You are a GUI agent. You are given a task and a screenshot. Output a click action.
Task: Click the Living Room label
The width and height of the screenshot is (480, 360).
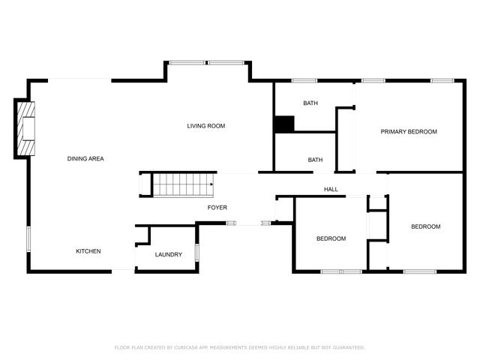tap(206, 126)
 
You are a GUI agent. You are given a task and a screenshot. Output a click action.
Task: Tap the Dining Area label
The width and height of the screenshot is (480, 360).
tap(85, 158)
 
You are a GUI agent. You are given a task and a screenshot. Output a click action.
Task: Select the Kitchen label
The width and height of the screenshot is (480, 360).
tap(88, 251)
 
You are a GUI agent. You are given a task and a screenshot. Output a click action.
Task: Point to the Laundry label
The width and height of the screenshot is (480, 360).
tap(169, 254)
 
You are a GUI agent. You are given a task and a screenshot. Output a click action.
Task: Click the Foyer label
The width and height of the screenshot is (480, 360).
tap(217, 207)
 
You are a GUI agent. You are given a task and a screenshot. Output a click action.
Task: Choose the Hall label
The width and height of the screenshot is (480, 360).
tap(331, 189)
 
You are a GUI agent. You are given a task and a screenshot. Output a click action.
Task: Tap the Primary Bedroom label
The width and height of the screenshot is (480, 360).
tap(409, 132)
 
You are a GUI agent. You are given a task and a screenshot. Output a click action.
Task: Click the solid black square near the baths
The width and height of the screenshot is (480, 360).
tap(283, 124)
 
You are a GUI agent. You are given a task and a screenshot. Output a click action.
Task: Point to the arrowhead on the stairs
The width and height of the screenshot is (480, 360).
tap(212, 184)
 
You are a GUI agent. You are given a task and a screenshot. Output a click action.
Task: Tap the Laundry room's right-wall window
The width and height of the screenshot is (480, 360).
tap(196, 252)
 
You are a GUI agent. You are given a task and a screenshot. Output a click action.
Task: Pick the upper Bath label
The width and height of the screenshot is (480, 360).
tap(311, 103)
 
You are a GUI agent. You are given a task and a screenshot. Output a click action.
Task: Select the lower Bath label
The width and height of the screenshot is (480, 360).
tap(316, 159)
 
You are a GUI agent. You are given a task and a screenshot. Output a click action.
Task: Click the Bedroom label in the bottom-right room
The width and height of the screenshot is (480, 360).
tap(425, 226)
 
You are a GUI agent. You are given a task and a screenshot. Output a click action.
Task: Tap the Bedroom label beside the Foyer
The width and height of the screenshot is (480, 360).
tap(331, 238)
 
